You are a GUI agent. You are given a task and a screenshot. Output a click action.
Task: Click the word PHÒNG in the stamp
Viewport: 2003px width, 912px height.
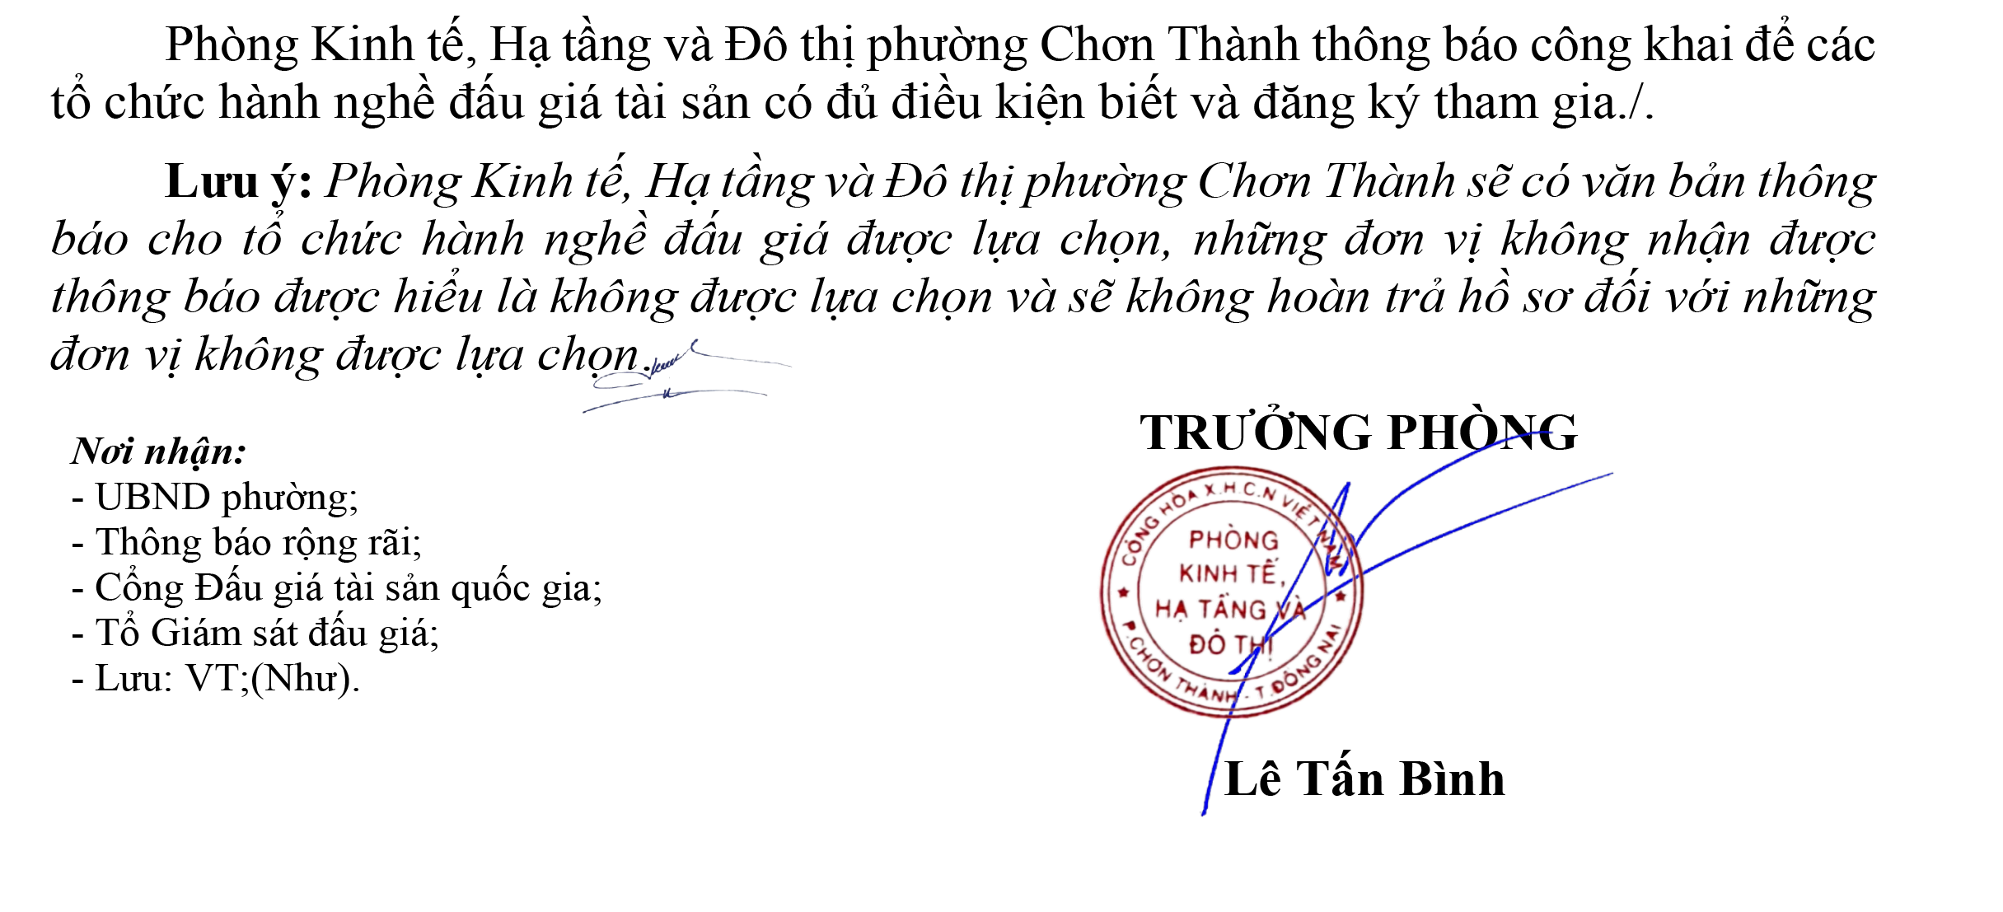coord(1233,541)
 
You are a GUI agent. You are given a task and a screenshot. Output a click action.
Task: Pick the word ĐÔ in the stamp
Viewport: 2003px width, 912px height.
coord(1205,643)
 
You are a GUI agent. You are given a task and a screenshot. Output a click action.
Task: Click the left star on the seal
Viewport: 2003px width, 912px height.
coord(1122,592)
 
